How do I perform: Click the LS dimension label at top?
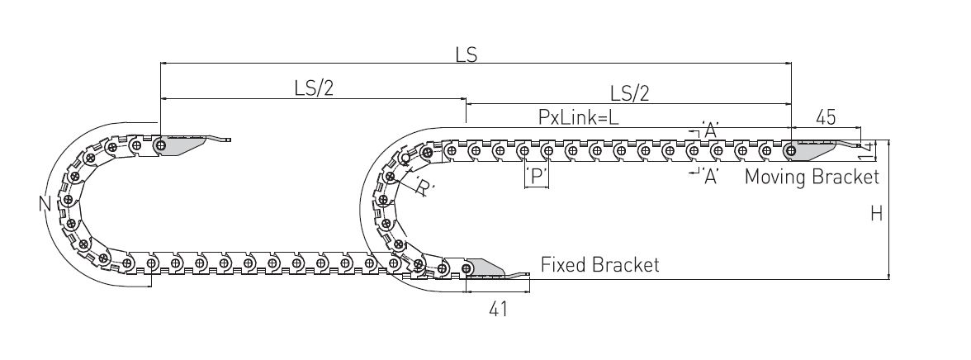[x=467, y=54]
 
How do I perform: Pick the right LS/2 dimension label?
[x=629, y=93]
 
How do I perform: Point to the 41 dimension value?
[x=496, y=309]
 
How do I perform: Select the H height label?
[x=876, y=214]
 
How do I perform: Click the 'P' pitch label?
[x=537, y=177]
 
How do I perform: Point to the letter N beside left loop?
[x=44, y=203]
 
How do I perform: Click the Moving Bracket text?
[x=812, y=177]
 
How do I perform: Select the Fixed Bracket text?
[x=599, y=265]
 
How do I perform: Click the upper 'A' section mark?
[x=708, y=129]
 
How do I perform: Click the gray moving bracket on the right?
[x=813, y=151]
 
